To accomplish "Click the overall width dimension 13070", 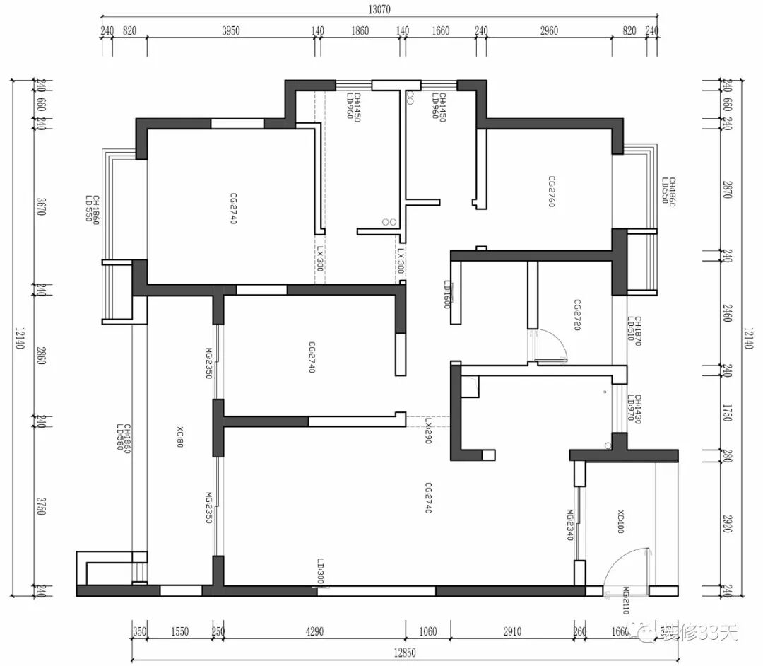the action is tap(379, 9).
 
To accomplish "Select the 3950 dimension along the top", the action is tap(231, 30).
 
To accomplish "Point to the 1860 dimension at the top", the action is tap(360, 30).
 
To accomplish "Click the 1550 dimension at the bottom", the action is tap(180, 631).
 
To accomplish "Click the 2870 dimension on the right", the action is tap(728, 189).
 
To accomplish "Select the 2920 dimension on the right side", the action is tap(728, 524).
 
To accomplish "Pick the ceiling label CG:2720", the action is tap(576, 316).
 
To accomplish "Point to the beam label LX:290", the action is tap(428, 431).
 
